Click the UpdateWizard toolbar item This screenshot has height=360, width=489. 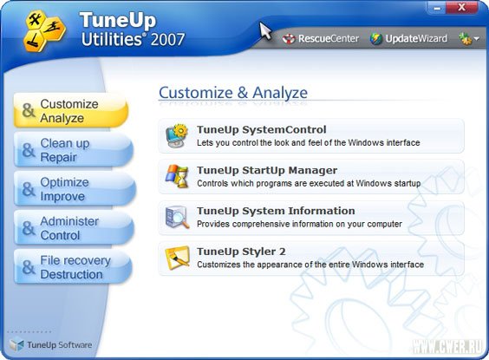pyautogui.click(x=407, y=39)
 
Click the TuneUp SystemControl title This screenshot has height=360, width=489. pyautogui.click(x=261, y=130)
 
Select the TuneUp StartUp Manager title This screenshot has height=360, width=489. pyautogui.click(x=267, y=170)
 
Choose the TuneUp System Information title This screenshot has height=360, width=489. pyautogui.click(x=276, y=211)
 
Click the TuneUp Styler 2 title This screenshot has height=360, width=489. pyautogui.click(x=239, y=252)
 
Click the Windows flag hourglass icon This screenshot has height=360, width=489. pyautogui.click(x=177, y=176)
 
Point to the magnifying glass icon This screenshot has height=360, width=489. pyautogui.click(x=177, y=217)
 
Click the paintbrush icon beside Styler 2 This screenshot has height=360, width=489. pyautogui.click(x=177, y=257)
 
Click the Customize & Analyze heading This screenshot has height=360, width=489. pyautogui.click(x=232, y=93)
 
